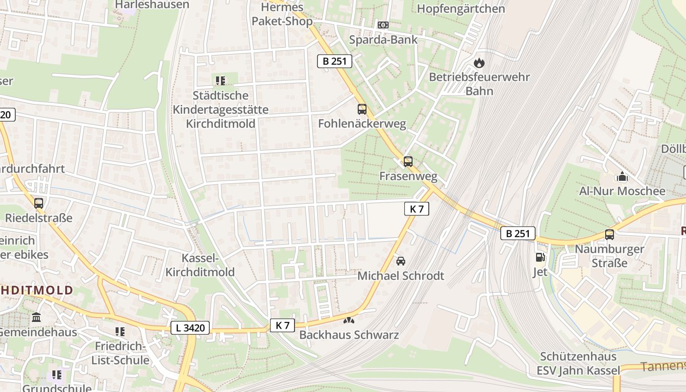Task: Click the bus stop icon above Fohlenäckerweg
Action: [362, 109]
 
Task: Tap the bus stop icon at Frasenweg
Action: [408, 162]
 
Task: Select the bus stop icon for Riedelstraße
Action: [38, 203]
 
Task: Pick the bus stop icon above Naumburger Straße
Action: [609, 235]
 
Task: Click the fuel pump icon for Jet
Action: [539, 257]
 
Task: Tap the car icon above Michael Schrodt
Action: [401, 261]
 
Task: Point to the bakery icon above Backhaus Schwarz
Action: [348, 321]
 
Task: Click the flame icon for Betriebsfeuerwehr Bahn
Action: [479, 63]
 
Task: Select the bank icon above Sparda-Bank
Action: [383, 25]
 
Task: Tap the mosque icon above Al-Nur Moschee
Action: [622, 176]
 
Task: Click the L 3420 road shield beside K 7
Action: [190, 328]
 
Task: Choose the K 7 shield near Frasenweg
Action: [416, 209]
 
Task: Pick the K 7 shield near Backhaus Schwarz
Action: [283, 325]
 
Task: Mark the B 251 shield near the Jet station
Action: [517, 233]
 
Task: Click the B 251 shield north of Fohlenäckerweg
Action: [335, 61]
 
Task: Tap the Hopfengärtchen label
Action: [461, 9]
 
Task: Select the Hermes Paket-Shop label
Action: [282, 14]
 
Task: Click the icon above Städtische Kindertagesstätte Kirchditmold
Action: [220, 80]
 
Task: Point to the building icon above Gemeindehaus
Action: [36, 318]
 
